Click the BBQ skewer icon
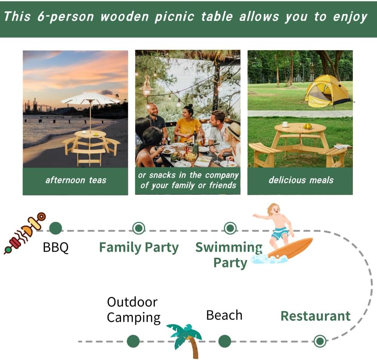click(x=23, y=233)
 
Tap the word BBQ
click(x=56, y=248)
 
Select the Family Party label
click(x=139, y=248)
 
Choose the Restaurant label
click(x=316, y=316)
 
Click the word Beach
click(x=224, y=315)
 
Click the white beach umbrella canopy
click(x=90, y=98)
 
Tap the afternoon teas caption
click(x=75, y=180)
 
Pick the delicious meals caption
click(x=301, y=180)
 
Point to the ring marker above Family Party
click(x=139, y=228)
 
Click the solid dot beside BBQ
click(x=55, y=228)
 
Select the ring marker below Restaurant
click(x=320, y=341)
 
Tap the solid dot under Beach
click(x=225, y=341)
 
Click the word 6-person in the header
click(x=57, y=17)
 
